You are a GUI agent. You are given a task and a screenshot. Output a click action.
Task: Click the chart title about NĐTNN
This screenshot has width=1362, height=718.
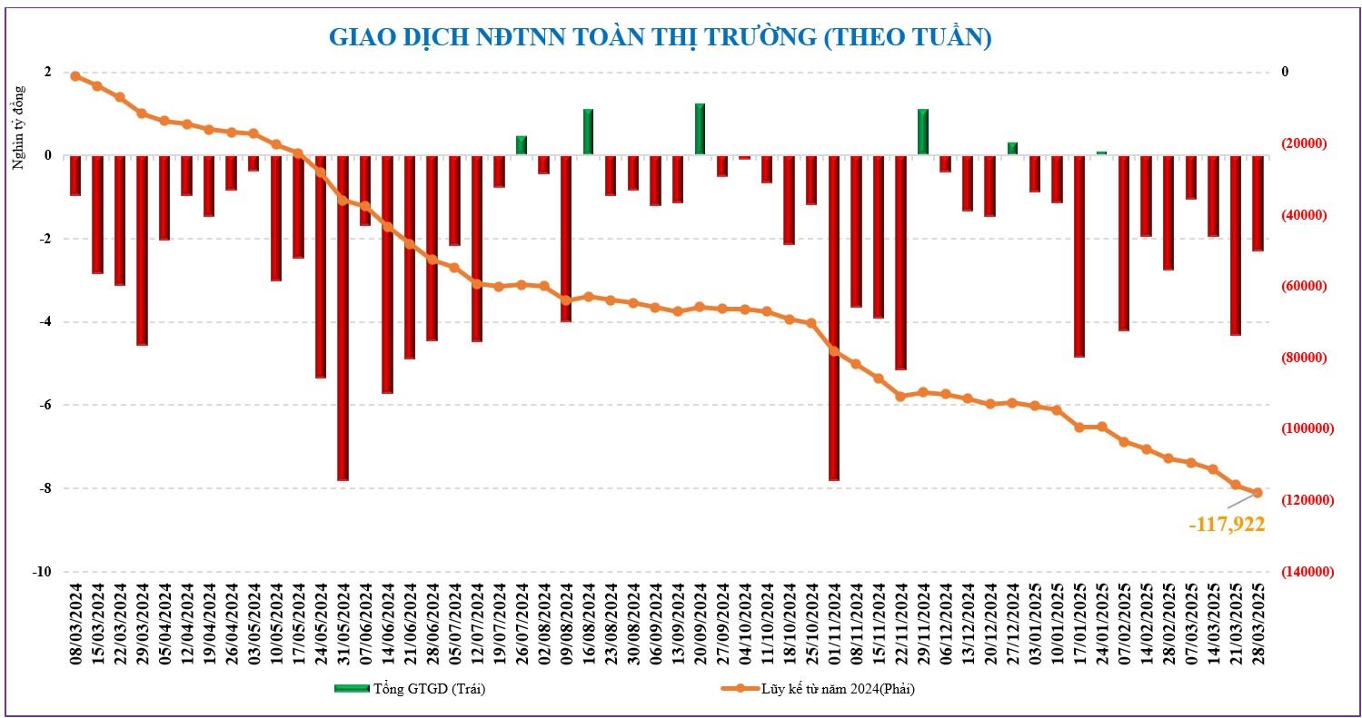pyautogui.click(x=659, y=37)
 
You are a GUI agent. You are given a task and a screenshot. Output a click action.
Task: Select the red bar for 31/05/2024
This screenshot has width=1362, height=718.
pyautogui.click(x=343, y=318)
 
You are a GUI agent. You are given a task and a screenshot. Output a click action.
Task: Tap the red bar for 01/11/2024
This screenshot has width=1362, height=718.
pyautogui.click(x=833, y=318)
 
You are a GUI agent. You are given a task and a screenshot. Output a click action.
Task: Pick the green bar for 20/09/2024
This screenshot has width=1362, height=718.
pyautogui.click(x=700, y=129)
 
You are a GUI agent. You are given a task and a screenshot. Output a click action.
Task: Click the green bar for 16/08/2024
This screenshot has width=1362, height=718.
pyautogui.click(x=588, y=133)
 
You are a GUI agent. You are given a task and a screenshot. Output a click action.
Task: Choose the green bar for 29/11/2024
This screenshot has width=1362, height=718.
pyautogui.click(x=923, y=133)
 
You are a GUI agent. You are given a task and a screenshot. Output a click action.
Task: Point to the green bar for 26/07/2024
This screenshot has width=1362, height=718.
pyautogui.click(x=522, y=145)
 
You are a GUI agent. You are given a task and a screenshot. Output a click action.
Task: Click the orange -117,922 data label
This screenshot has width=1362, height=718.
pyautogui.click(x=1226, y=524)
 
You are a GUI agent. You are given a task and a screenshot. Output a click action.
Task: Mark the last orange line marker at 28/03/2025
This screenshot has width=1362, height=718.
pyautogui.click(x=1258, y=493)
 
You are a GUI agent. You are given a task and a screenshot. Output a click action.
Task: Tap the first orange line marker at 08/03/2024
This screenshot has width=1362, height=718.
pyautogui.click(x=75, y=76)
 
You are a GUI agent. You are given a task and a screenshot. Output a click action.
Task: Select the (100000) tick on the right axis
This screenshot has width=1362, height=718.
pyautogui.click(x=1303, y=428)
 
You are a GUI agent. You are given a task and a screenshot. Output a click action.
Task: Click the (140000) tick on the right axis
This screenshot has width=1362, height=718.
pyautogui.click(x=1303, y=572)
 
